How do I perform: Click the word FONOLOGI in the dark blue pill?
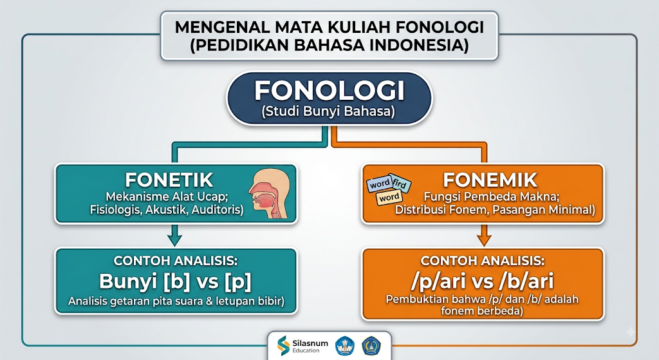(x=329, y=90)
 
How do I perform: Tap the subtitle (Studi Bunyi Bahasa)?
(x=329, y=111)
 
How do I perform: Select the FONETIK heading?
(x=169, y=180)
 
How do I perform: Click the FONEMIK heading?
(x=490, y=180)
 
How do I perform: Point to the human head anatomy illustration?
(x=269, y=194)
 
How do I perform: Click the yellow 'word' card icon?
(x=389, y=198)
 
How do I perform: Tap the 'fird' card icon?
(x=400, y=184)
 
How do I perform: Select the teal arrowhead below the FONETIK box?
(x=175, y=240)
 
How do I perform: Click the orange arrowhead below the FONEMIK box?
(x=484, y=240)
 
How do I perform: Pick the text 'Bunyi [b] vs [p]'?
(x=175, y=281)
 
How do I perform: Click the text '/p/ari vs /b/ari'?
(x=483, y=281)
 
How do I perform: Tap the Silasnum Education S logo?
(x=284, y=345)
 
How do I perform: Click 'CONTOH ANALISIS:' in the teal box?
(x=175, y=261)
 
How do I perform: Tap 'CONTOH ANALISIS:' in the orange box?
(x=483, y=261)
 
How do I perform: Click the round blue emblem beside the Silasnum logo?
(x=345, y=346)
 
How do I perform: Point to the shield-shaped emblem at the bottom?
(x=371, y=346)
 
